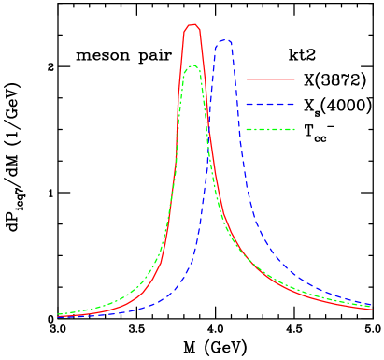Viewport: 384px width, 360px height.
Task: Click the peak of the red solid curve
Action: coord(192,25)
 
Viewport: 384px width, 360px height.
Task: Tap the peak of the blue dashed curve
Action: coord(224,40)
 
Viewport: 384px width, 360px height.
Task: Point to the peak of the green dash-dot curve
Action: coord(192,65)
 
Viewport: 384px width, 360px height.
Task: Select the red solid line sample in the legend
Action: coord(270,79)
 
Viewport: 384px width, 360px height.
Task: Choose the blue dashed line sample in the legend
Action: coord(270,105)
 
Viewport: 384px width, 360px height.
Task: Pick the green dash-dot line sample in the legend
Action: coord(270,129)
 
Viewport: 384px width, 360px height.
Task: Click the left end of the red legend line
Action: coord(247,79)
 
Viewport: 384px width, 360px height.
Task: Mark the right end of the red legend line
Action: coord(294,79)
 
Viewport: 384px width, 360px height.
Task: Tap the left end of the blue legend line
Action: coord(247,105)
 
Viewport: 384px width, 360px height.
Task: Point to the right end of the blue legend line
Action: coord(294,105)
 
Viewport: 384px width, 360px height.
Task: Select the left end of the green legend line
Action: coord(247,129)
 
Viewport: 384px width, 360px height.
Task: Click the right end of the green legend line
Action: coord(294,129)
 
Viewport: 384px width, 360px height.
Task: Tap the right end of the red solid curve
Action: coord(373,310)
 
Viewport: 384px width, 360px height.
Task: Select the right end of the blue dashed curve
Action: coord(373,305)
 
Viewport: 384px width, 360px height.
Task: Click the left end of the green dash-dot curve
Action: coord(58,314)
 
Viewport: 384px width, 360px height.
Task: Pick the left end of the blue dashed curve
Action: coord(58,317)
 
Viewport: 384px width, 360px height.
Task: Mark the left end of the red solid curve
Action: coord(58,316)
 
